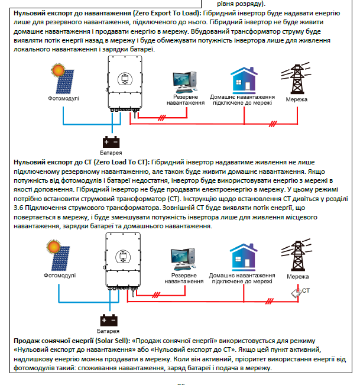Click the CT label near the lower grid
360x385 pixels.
pyautogui.click(x=306, y=292)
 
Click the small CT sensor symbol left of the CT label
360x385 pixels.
pyautogui.click(x=295, y=293)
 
